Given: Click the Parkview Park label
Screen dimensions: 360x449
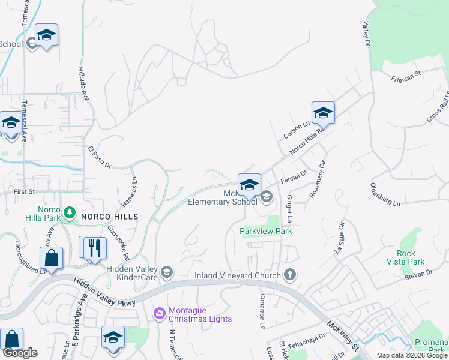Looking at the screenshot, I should click(265, 231).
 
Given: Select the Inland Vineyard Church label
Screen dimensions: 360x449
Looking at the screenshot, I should click(237, 276).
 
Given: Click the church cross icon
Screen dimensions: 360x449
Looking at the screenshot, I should click(290, 275).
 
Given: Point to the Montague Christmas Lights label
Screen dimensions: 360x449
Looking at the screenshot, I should click(200, 314).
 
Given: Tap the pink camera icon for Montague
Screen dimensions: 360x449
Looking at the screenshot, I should click(159, 313).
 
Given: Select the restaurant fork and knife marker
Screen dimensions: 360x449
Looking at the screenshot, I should click(93, 247).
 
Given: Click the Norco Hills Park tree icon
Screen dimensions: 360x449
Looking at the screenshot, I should click(70, 211).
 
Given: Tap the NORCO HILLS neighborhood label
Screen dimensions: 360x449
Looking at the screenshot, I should click(110, 216).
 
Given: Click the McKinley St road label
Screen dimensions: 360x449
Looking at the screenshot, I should click(343, 335).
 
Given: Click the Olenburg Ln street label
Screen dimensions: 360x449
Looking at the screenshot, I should click(385, 194).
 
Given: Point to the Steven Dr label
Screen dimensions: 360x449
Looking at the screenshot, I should click(418, 273).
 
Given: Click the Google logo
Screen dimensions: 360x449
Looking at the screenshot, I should click(20, 353).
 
